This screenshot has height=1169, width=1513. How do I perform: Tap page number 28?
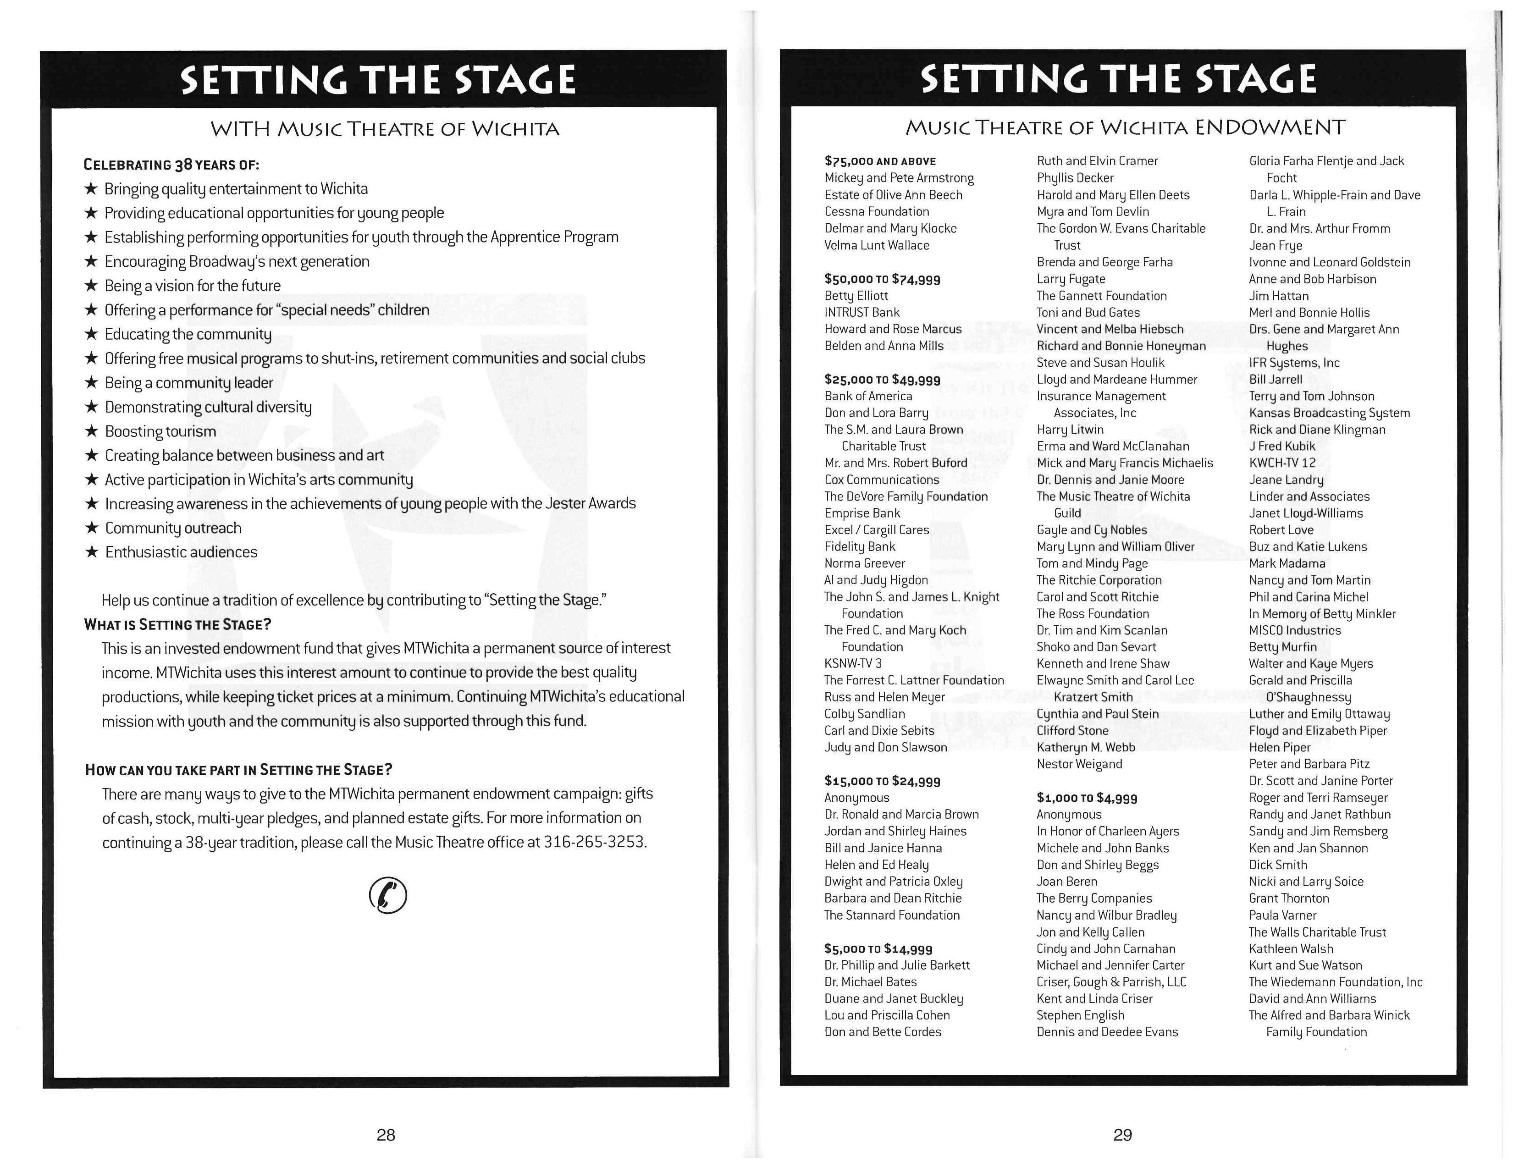386,1134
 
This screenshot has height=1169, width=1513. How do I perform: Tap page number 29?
1122,1134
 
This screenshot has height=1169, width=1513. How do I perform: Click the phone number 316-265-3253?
594,842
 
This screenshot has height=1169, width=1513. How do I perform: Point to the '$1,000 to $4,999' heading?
1086,798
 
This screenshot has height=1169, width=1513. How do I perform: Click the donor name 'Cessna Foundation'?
876,211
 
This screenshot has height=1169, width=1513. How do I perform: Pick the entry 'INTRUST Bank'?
862,312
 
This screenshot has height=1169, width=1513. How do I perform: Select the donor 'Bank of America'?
868,396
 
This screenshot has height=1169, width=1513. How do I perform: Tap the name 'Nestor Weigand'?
1079,764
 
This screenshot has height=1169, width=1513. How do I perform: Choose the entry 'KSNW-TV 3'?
853,663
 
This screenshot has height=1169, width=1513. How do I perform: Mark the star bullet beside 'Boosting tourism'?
91,431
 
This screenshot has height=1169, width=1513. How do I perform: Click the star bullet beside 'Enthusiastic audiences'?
91,552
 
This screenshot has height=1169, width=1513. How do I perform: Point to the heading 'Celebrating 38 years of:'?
171,165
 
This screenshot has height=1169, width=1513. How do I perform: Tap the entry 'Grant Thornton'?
1288,898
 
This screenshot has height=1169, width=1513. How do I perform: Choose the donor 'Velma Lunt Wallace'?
876,245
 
